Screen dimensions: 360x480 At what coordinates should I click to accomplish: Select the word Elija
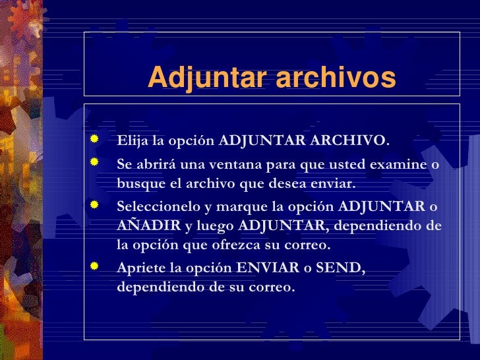click(x=131, y=141)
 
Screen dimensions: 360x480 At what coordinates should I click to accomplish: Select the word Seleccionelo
click(x=158, y=207)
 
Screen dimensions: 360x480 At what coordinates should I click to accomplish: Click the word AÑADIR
click(x=148, y=226)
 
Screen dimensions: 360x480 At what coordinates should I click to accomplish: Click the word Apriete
click(x=139, y=269)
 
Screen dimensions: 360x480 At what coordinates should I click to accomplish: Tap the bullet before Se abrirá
click(x=95, y=162)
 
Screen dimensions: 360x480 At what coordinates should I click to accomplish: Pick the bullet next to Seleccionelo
click(x=95, y=204)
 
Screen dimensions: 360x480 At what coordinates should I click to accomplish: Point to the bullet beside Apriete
click(x=95, y=266)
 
